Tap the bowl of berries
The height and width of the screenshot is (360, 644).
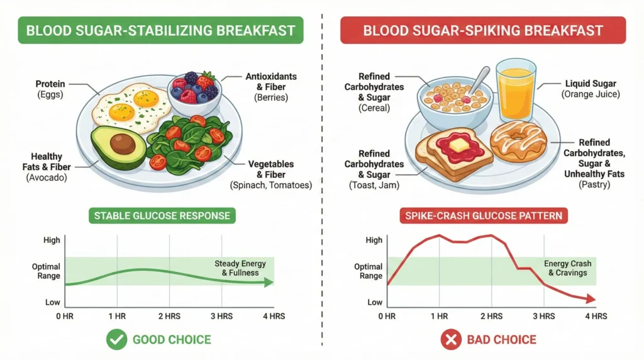click(x=194, y=89)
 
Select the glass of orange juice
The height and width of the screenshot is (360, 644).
click(x=515, y=91)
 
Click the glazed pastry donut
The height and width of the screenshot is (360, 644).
click(x=519, y=141)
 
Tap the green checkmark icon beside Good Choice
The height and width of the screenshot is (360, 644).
click(x=115, y=340)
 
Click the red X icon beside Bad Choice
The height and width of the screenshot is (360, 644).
click(x=450, y=340)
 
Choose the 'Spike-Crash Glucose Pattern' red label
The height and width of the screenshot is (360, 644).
click(x=484, y=217)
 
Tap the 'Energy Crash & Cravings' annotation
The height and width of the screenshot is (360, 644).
click(x=565, y=268)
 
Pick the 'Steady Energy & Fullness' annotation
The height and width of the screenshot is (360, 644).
click(x=240, y=268)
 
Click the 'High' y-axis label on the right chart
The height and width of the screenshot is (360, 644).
click(x=374, y=240)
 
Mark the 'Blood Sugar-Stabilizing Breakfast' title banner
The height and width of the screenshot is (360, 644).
click(x=161, y=30)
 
